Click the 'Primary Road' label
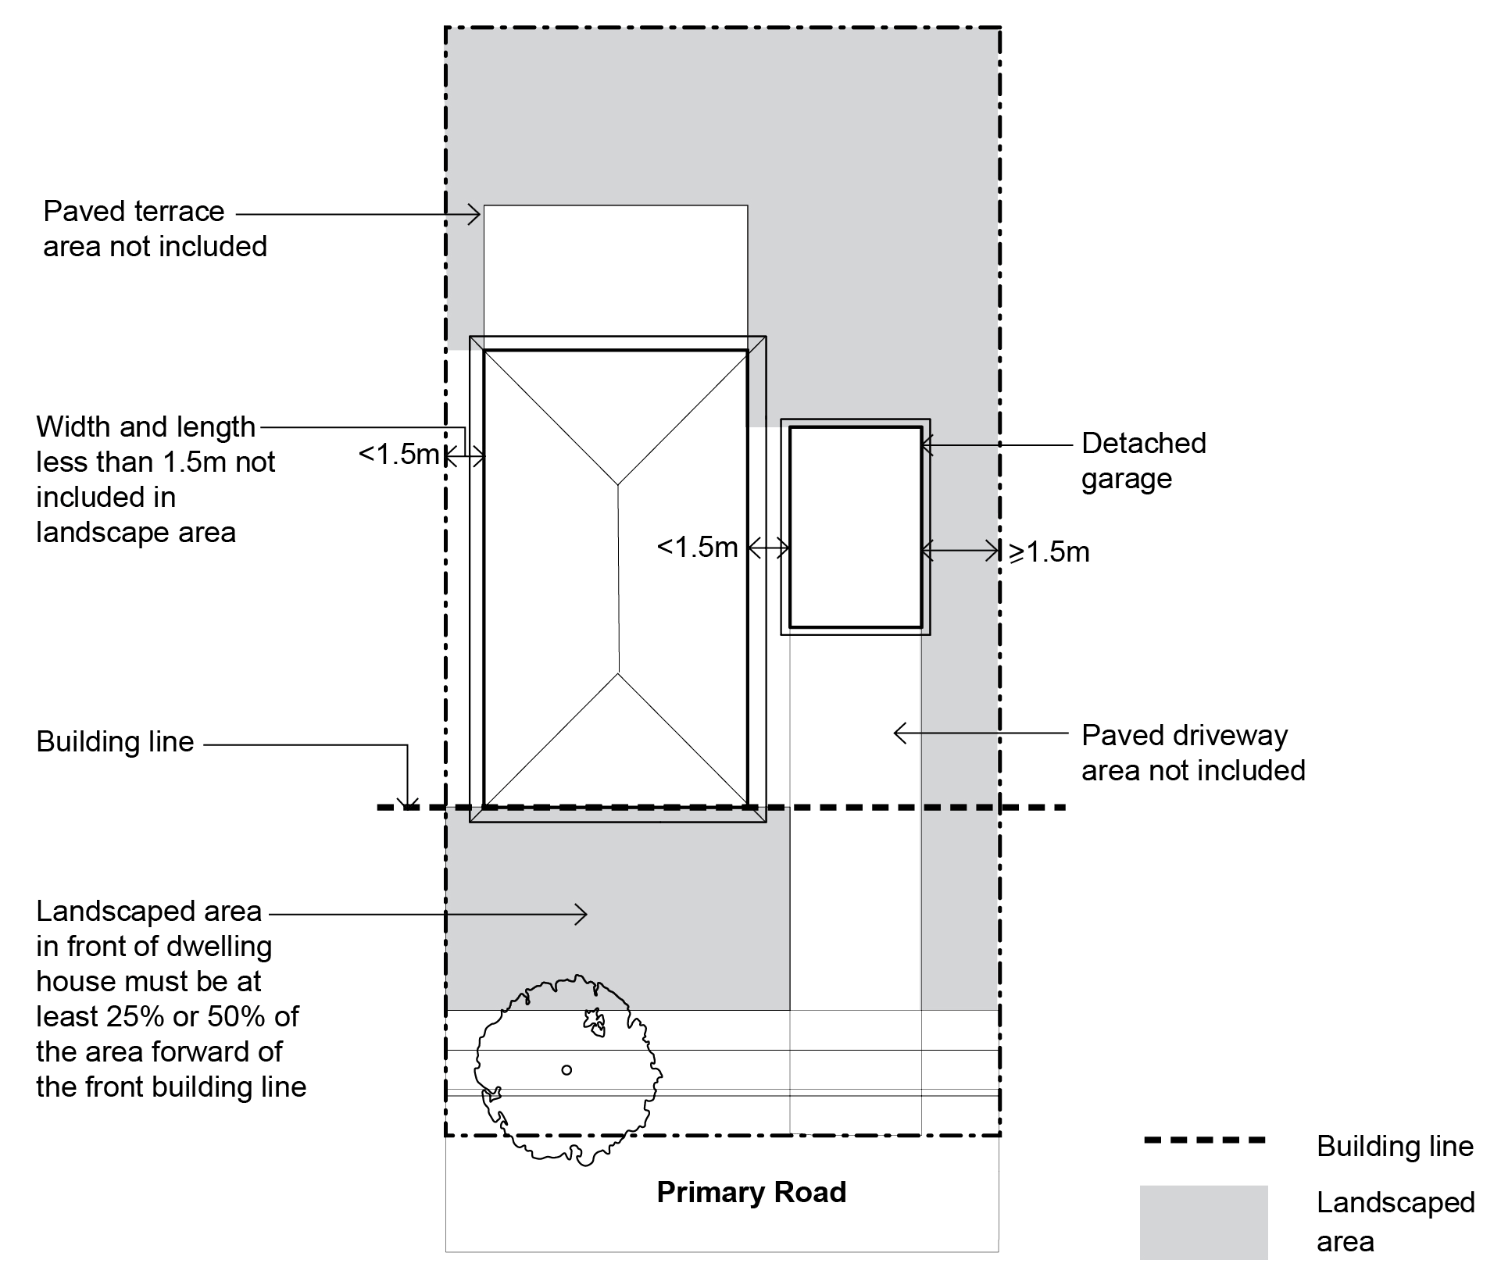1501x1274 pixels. click(751, 1192)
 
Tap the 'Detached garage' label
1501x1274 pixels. click(1143, 461)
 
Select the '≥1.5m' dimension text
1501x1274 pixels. click(1049, 552)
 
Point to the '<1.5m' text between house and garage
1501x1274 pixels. click(697, 548)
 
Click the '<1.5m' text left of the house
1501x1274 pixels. click(398, 454)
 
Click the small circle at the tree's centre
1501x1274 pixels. click(566, 1070)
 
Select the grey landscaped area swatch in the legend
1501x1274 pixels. click(1203, 1222)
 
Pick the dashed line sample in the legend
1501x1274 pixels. click(1203, 1141)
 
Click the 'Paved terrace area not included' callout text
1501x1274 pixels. click(155, 229)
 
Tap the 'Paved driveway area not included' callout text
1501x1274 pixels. click(1193, 753)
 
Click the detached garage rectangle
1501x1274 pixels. click(856, 526)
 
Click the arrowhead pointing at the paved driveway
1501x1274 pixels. click(899, 733)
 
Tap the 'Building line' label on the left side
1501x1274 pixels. click(115, 742)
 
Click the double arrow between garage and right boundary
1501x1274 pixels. click(960, 551)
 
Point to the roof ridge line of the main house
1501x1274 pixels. click(619, 578)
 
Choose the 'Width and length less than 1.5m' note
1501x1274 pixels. click(155, 480)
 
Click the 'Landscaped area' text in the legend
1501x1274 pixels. click(1395, 1222)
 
